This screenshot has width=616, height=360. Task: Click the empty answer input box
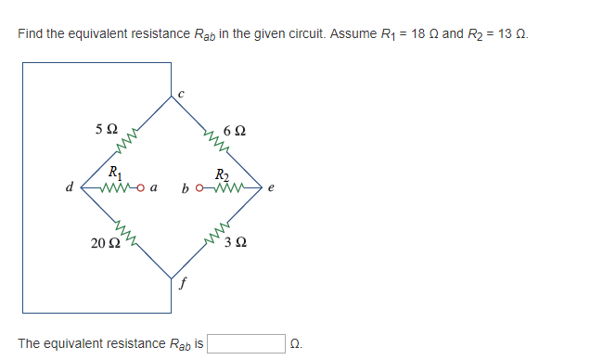coord(246,344)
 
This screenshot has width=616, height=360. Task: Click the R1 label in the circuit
coord(113,172)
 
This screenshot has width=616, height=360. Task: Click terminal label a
coord(153,188)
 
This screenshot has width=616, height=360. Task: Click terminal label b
coord(186,188)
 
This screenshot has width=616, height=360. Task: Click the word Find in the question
coord(30,34)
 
